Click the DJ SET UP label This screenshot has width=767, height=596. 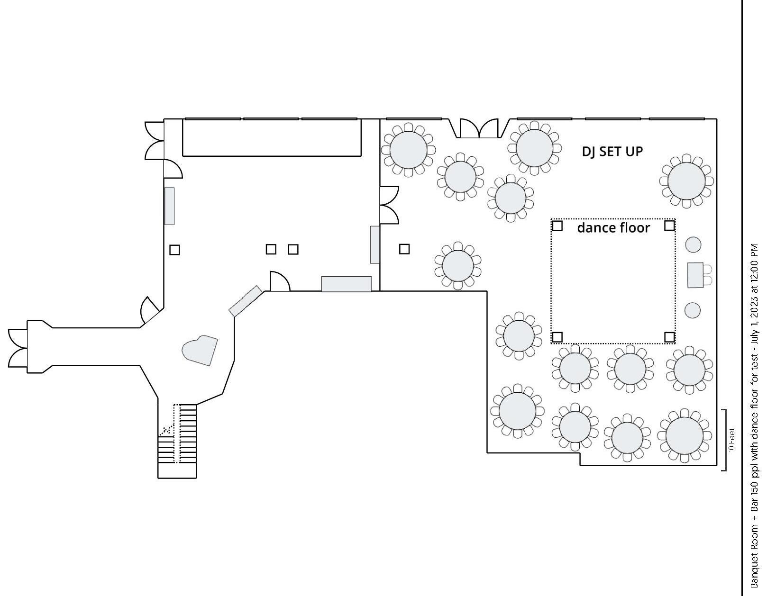[612, 152]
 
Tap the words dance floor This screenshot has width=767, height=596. [613, 228]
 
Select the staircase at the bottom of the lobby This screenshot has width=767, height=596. [177, 441]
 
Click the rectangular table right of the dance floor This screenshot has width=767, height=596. [695, 275]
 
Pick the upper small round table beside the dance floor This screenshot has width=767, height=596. [693, 244]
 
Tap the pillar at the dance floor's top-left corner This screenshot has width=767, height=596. [557, 226]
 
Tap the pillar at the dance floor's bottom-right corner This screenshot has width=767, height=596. [669, 337]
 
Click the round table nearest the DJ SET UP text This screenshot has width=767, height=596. [534, 148]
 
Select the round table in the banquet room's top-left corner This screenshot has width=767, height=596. [409, 149]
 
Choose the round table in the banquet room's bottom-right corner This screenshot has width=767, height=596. [684, 435]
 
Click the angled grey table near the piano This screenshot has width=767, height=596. [246, 301]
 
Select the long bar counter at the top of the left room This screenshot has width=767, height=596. [272, 137]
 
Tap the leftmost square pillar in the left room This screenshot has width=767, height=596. [174, 250]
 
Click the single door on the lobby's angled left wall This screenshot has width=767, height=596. [151, 310]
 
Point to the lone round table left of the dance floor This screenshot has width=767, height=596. [457, 265]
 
